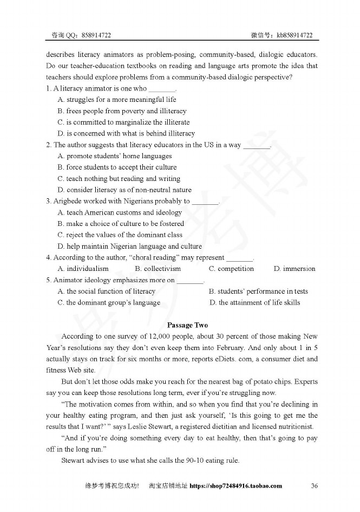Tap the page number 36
coord(314,485)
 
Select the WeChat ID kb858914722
coord(294,35)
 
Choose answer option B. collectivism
coord(158,269)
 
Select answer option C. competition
coord(231,269)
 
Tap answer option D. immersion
coord(294,269)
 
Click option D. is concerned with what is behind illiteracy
coord(126,133)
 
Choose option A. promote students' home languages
coord(115,156)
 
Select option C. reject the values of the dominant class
coord(120,235)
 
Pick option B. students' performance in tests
coord(258,291)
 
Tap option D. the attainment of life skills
coord(254,302)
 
